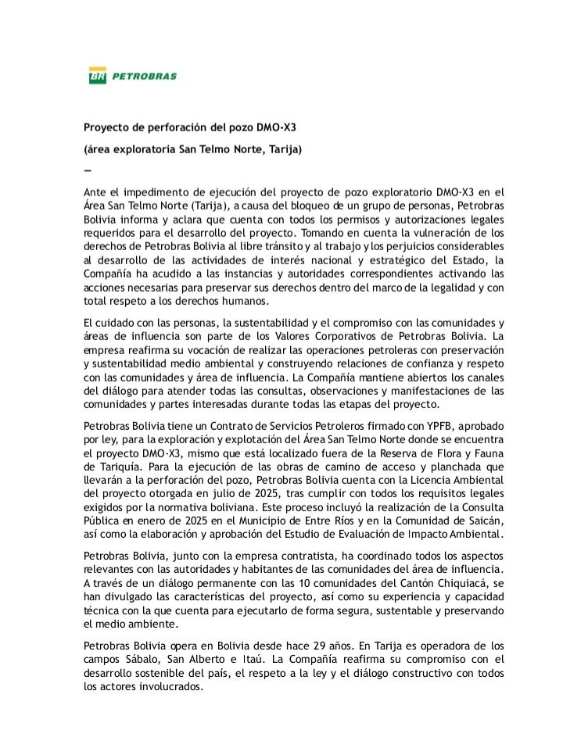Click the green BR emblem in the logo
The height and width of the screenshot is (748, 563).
tap(97, 77)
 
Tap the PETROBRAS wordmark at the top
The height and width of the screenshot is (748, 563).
tap(144, 77)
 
